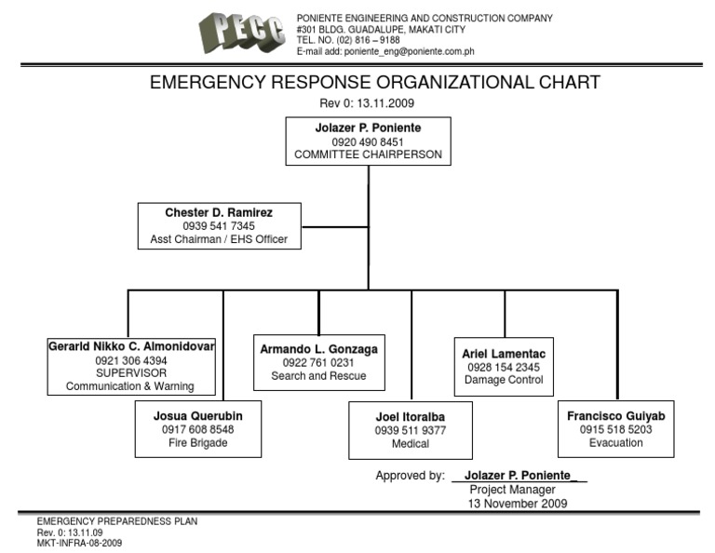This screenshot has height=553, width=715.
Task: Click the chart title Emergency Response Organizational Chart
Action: pyautogui.click(x=375, y=82)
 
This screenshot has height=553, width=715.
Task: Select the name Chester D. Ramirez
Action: pyautogui.click(x=219, y=212)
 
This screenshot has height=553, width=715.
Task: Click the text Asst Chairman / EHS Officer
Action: pyautogui.click(x=219, y=239)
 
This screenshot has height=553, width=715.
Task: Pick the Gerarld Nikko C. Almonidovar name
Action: pyautogui.click(x=131, y=346)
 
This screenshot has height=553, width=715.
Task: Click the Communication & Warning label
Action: pyautogui.click(x=131, y=386)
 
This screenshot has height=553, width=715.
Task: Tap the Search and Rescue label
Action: pyautogui.click(x=318, y=376)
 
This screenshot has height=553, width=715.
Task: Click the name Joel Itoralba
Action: pyautogui.click(x=411, y=417)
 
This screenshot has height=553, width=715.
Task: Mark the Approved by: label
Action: pyautogui.click(x=410, y=476)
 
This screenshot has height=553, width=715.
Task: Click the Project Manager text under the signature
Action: pyautogui.click(x=512, y=490)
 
